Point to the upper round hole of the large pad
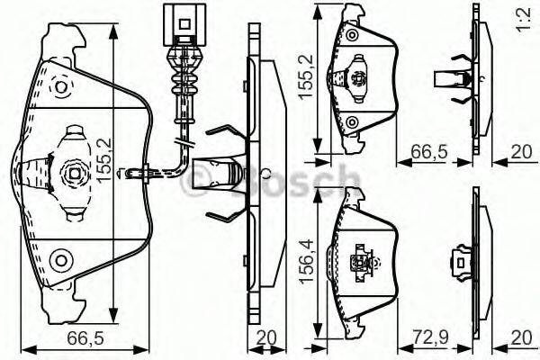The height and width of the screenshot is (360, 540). coord(61,87)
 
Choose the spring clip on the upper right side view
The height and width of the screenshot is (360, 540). coord(453,80)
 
